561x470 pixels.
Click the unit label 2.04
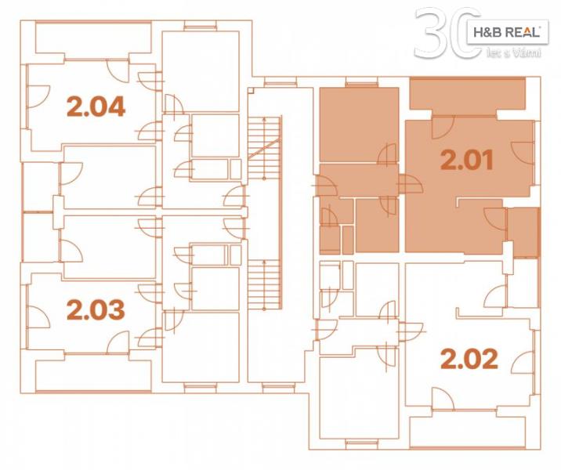tap(96, 107)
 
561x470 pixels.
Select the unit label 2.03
tap(96, 309)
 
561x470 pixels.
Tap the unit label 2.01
tap(467, 160)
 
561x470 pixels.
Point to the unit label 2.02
tap(469, 359)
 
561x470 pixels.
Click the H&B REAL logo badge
tap(508, 32)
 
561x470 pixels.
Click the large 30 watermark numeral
tap(447, 33)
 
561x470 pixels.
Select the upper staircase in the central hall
tap(265, 147)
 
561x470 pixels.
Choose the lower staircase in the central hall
tap(265, 284)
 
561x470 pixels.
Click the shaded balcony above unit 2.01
tap(468, 95)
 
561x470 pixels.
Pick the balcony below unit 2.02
tap(468, 430)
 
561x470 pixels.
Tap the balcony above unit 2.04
tap(93, 38)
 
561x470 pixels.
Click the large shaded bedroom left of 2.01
tap(359, 125)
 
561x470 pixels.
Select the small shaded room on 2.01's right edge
tap(523, 232)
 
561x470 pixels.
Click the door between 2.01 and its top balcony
tap(443, 127)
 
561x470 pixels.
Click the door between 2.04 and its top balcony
tap(118, 70)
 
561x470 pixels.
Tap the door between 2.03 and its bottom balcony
tap(118, 342)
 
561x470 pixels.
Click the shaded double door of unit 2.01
tap(410, 184)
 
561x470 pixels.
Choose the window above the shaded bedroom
tap(361, 84)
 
